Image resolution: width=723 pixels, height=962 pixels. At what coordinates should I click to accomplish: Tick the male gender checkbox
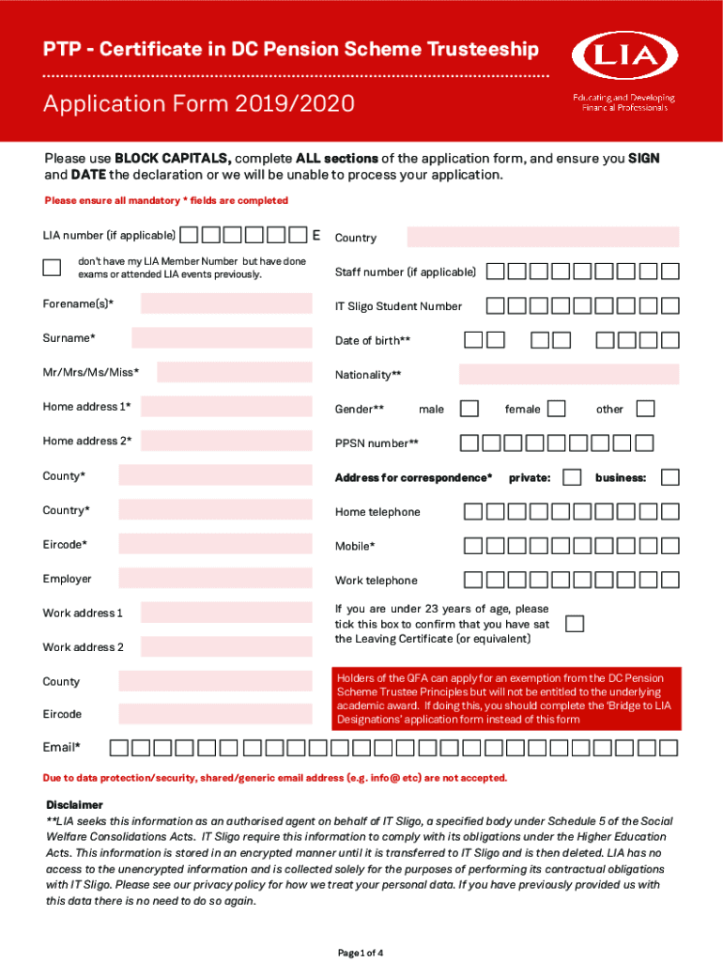coord(469,409)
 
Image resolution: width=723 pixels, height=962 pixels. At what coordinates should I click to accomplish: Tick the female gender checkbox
coord(556,409)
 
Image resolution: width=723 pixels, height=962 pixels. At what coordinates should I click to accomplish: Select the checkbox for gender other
coord(644,409)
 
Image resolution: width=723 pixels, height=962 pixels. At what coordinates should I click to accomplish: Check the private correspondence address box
coord(571,477)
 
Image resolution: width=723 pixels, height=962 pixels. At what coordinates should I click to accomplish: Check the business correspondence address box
coord(669,477)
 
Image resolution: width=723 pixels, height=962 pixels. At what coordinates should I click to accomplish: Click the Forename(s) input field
coord(226,303)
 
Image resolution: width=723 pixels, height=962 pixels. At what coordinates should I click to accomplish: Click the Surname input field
coord(222,338)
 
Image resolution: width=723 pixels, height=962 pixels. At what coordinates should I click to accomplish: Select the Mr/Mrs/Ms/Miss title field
coord(234,372)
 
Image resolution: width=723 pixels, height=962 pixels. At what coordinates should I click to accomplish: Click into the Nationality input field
coord(568,375)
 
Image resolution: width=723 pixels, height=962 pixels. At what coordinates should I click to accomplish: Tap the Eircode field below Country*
coord(215,544)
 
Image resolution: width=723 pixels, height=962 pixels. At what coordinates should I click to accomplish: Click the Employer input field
coord(215,579)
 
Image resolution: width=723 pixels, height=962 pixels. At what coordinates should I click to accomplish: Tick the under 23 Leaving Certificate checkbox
coord(574,624)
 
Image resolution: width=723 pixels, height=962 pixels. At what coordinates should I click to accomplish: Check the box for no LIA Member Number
coord(52,267)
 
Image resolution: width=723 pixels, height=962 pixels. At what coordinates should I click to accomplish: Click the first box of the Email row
coord(119,748)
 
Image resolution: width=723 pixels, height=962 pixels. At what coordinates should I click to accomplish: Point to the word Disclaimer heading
coord(74,805)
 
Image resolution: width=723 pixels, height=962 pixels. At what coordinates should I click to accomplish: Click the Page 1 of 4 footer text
coord(361,953)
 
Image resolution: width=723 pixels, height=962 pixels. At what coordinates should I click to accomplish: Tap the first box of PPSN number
coord(469,443)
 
